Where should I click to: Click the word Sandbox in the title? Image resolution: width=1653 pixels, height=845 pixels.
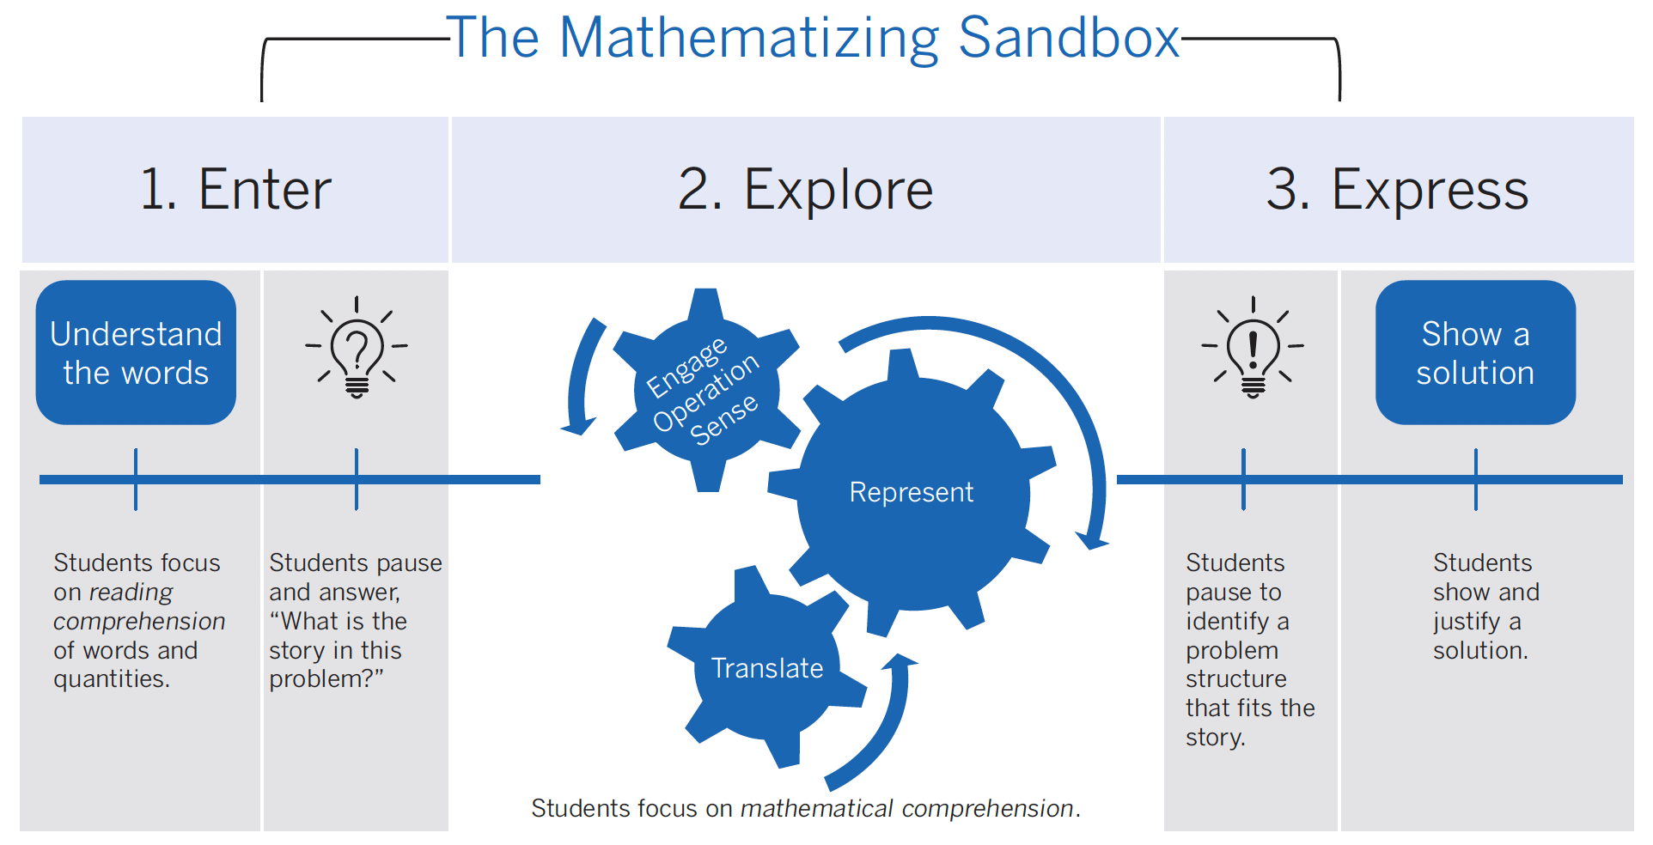[x=1069, y=38]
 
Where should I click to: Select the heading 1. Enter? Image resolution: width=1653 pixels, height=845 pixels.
[x=235, y=189]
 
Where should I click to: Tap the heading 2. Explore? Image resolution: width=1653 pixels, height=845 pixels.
[x=806, y=190]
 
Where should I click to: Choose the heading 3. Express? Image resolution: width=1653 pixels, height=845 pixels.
[x=1398, y=190]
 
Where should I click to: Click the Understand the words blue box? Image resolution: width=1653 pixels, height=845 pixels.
[x=136, y=352]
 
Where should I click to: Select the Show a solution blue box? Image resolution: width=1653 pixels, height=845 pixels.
[x=1475, y=352]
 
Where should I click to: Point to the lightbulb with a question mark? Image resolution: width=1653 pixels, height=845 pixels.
[x=357, y=347]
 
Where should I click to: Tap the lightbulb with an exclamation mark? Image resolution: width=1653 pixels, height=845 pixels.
[x=1253, y=347]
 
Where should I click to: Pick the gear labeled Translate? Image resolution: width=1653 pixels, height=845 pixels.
[x=766, y=667]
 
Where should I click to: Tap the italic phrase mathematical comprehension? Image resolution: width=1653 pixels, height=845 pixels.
[x=906, y=808]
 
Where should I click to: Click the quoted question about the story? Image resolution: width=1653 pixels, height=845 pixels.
[x=338, y=649]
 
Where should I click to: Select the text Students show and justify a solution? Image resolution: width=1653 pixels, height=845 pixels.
[x=1485, y=606]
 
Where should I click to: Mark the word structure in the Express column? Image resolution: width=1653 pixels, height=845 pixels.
[x=1235, y=678]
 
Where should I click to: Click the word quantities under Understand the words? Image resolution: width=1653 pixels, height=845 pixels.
[x=111, y=679]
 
